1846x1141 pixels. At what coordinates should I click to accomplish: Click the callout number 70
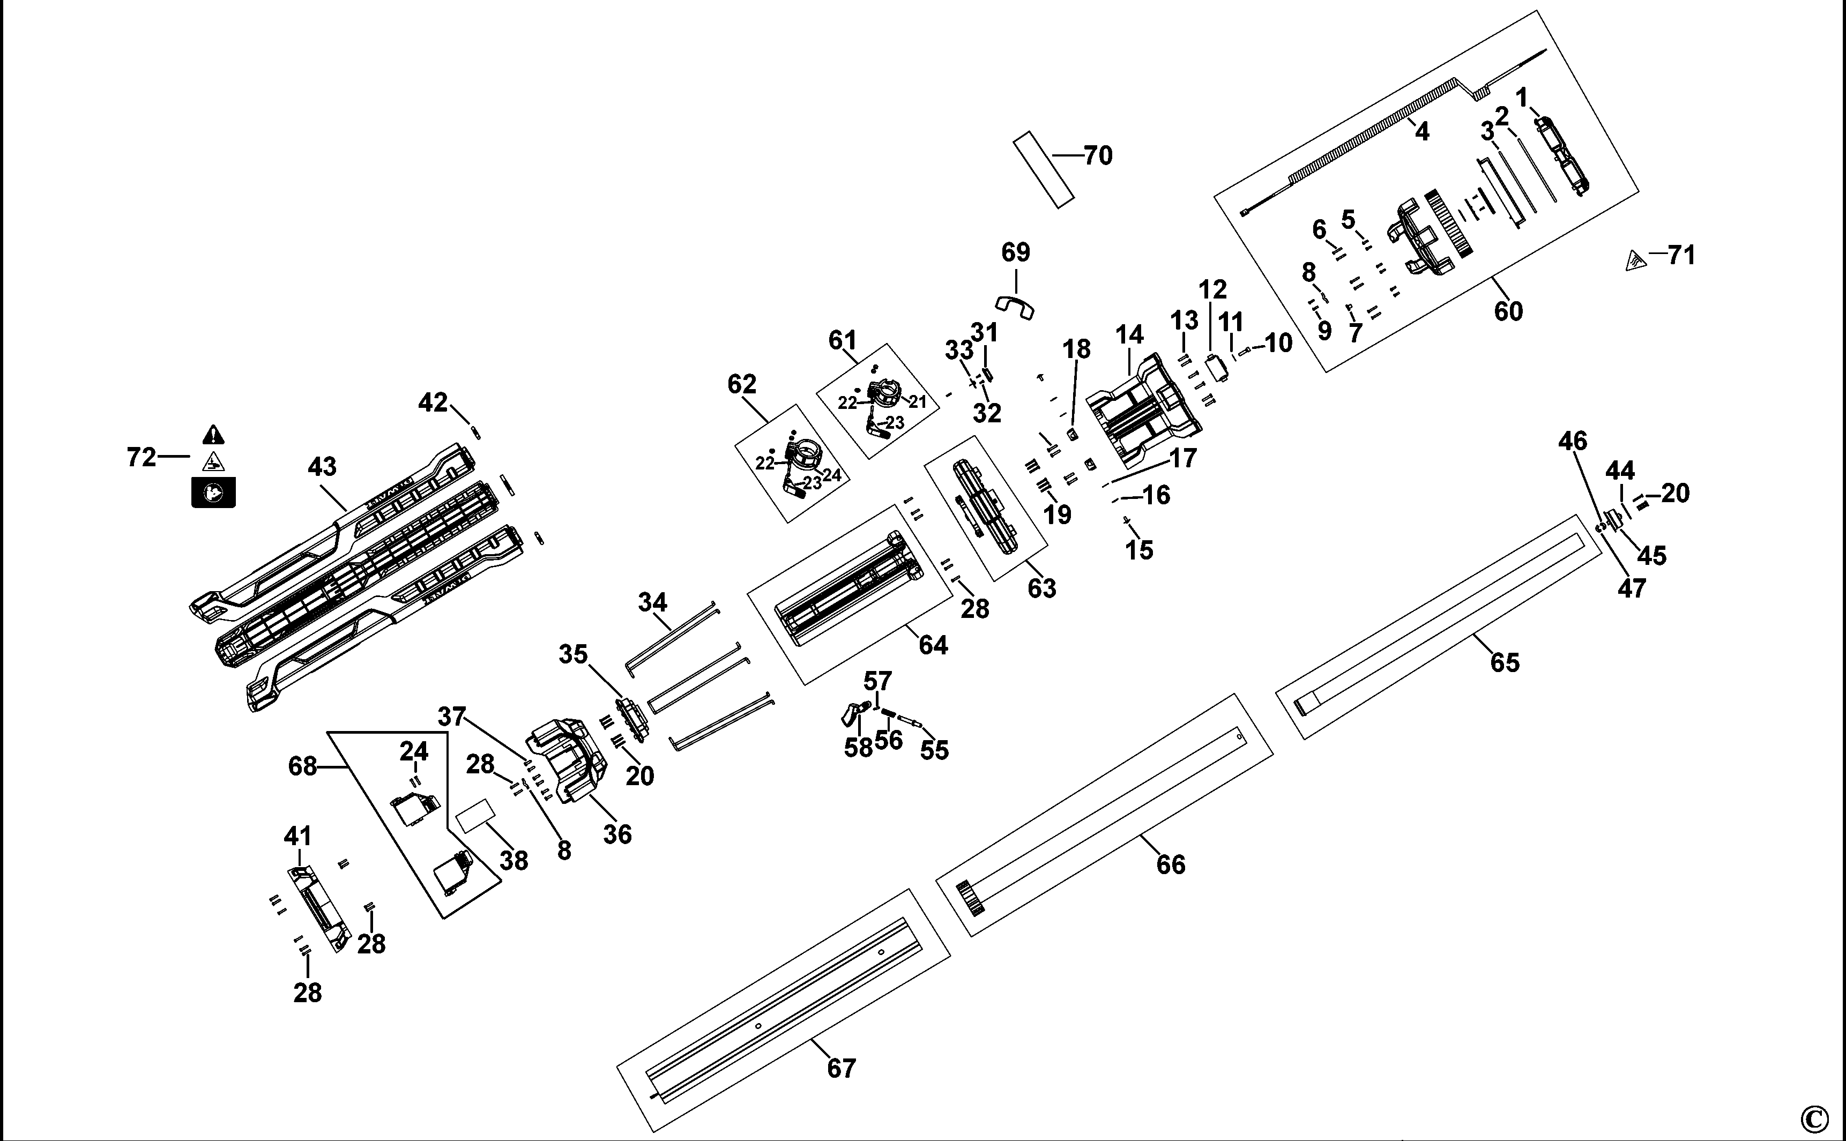[1098, 155]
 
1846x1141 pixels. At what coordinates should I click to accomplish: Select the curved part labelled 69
[1015, 305]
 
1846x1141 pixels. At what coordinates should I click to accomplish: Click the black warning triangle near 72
[213, 435]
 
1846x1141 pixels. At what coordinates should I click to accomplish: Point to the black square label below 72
[213, 493]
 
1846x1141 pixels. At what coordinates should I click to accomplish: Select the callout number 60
[1509, 311]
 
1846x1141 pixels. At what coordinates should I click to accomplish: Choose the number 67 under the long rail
[842, 1069]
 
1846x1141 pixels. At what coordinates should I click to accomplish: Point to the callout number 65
[1504, 662]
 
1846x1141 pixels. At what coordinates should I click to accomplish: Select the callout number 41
[298, 836]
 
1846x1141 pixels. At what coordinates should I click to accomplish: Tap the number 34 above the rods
[653, 602]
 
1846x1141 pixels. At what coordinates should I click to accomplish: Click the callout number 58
[859, 748]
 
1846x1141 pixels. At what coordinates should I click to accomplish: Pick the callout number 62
[742, 384]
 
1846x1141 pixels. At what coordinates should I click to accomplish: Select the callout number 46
[1573, 441]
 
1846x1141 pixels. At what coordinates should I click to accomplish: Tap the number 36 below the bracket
[617, 834]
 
